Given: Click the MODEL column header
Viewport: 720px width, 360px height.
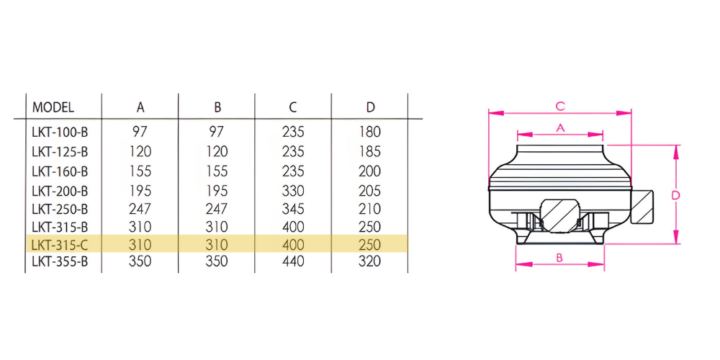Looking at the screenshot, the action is [53, 107].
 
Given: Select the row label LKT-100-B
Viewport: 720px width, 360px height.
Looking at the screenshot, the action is [60, 132].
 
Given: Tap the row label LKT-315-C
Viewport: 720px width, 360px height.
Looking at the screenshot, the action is [60, 244].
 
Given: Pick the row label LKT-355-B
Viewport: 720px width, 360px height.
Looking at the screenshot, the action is [60, 261].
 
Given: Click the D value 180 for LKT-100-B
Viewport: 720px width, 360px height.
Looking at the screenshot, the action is [370, 132].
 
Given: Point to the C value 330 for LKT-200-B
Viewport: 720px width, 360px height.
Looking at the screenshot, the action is [293, 190].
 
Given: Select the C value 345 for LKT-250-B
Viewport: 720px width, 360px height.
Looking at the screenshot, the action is [293, 209].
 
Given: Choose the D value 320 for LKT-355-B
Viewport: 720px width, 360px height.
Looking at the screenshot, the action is [370, 261].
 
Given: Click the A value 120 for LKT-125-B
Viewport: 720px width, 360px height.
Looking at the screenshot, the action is [140, 151].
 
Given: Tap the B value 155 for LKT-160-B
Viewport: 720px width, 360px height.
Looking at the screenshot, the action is [217, 171].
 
